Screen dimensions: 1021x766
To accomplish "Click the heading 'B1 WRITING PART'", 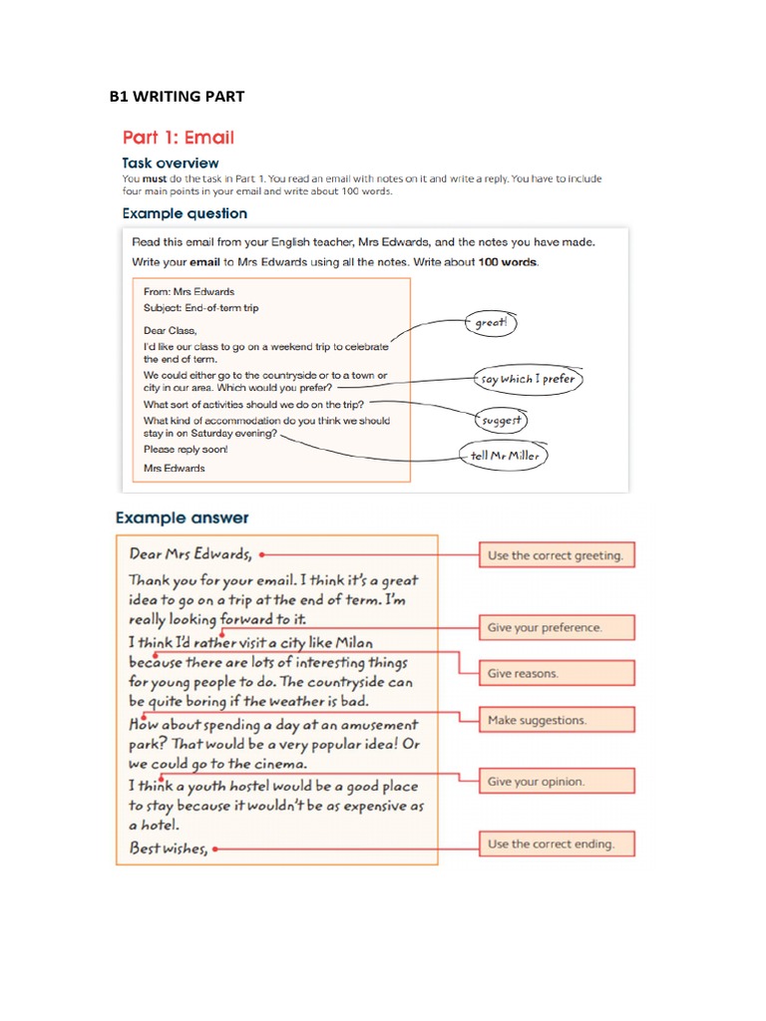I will [x=177, y=97].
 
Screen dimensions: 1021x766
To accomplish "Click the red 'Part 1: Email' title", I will [x=179, y=137].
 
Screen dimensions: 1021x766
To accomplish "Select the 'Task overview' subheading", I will [x=171, y=163].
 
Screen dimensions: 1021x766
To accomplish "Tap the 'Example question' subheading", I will [x=185, y=213].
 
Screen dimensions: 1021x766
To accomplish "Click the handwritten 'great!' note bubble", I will [x=491, y=323].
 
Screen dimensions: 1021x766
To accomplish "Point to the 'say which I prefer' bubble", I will [x=528, y=379].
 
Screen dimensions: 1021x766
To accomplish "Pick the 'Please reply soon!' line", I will [x=186, y=450].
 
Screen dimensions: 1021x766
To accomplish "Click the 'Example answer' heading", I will [x=183, y=518].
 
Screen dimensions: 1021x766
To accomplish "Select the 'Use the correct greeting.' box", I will [x=556, y=555].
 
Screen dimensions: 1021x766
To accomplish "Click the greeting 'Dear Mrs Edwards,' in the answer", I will [x=191, y=553].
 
